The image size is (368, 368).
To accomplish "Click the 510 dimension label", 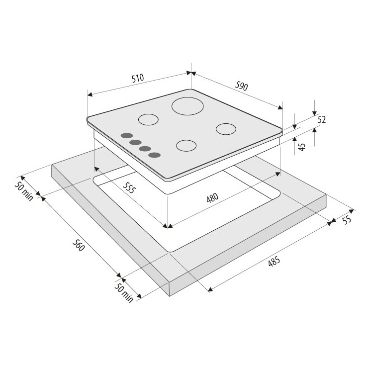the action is tap(138, 78).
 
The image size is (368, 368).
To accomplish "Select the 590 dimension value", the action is tap(242, 86).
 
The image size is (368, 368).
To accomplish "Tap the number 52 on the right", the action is tap(322, 120).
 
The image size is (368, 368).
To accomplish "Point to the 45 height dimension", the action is tap(302, 147).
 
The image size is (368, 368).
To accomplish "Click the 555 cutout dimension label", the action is tap(129, 187).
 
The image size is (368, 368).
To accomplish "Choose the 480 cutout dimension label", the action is tap(212, 197).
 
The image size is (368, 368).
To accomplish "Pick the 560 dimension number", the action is tap(79, 245).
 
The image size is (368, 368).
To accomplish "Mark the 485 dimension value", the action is tap(274, 262).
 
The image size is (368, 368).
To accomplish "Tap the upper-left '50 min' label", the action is tap(24, 191).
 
